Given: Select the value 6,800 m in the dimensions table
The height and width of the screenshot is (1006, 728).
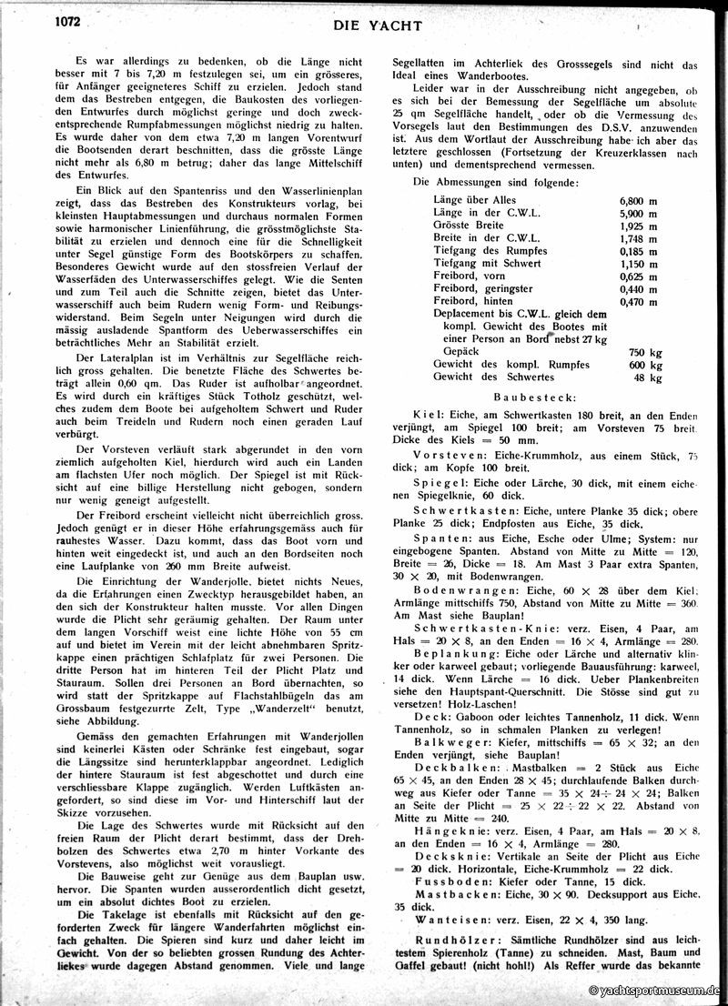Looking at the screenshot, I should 639,198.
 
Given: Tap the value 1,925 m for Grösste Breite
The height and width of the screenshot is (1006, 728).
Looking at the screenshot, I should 639,224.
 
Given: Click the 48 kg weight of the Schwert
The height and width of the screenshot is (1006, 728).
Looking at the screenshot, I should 647,377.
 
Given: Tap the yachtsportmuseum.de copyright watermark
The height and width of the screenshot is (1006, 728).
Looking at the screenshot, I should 653,991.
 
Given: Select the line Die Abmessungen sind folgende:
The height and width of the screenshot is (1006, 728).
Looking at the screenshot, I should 493,182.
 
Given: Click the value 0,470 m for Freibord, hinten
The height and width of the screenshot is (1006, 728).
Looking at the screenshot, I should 639,300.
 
